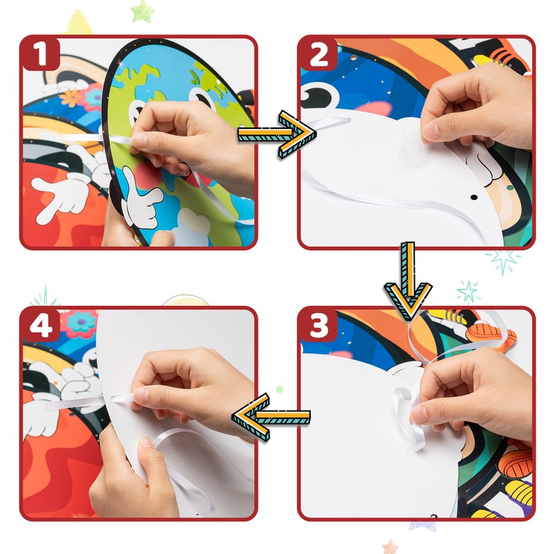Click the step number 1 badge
click(x=41, y=53)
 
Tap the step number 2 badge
click(x=319, y=53)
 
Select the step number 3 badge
click(x=319, y=324)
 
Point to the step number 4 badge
click(x=41, y=324)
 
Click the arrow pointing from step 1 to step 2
click(x=276, y=134)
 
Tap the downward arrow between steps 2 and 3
click(x=409, y=281)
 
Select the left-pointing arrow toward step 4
click(x=271, y=417)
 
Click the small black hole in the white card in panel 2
click(x=474, y=197)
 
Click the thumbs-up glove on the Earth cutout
click(x=141, y=199)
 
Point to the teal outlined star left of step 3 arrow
click(x=468, y=292)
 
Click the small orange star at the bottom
click(x=390, y=546)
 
